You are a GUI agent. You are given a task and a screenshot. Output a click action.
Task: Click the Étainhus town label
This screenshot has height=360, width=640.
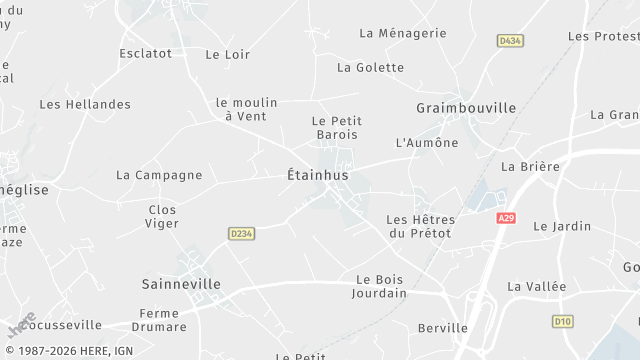(x=310, y=175)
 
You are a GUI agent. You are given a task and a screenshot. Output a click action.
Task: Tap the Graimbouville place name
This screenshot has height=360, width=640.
(x=466, y=107)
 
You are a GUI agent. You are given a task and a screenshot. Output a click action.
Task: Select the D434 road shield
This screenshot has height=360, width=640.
(x=511, y=40)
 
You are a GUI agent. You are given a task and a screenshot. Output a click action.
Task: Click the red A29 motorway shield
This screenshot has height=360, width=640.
(x=504, y=217)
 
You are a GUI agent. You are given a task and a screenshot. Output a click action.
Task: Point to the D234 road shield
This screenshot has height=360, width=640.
(x=240, y=233)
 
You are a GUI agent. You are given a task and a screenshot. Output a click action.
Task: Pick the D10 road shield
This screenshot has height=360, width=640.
(x=563, y=321)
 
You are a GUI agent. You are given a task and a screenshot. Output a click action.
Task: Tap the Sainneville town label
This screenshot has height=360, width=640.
(x=181, y=284)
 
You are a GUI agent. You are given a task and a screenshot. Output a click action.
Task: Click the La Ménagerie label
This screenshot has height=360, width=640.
(x=402, y=33)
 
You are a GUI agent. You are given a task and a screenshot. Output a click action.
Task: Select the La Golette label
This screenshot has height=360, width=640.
(x=370, y=68)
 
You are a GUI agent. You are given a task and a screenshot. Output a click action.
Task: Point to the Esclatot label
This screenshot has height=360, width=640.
(x=145, y=53)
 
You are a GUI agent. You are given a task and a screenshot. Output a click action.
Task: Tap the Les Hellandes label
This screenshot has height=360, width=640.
(x=85, y=104)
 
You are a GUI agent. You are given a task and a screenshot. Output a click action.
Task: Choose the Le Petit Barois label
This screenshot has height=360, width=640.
(x=335, y=127)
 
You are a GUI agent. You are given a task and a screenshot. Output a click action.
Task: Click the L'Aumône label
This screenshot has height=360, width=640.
(x=427, y=143)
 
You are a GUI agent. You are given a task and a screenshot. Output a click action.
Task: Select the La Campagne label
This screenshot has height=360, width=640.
(x=159, y=175)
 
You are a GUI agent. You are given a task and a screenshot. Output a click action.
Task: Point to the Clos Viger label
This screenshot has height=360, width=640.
(x=162, y=216)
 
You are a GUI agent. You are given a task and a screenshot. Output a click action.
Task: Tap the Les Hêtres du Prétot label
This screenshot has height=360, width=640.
(x=420, y=226)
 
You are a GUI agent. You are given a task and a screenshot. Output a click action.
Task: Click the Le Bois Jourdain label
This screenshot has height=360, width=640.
(x=379, y=286)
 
